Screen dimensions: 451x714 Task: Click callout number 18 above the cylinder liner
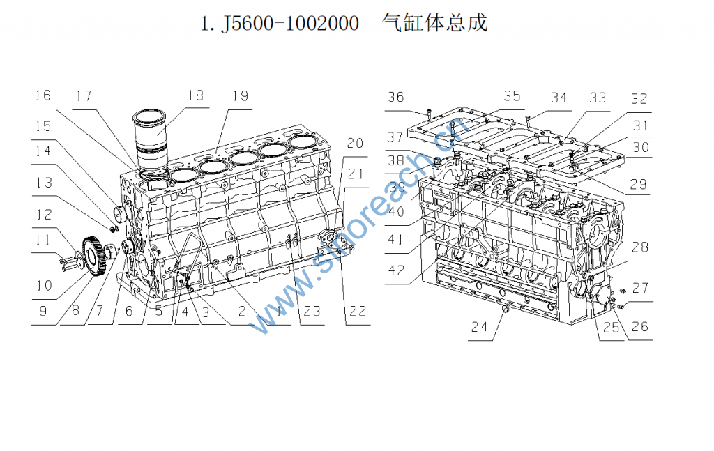click(195, 95)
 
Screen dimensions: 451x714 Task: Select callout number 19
click(241, 95)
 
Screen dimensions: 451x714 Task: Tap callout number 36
click(396, 97)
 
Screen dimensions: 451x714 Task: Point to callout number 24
click(478, 326)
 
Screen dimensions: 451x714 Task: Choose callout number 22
click(357, 311)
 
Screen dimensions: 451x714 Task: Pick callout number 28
click(641, 247)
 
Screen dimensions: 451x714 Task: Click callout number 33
click(598, 98)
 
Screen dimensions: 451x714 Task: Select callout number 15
click(43, 126)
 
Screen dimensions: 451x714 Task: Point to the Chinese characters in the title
click(434, 23)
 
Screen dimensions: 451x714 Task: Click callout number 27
click(641, 287)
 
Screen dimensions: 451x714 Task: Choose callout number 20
click(355, 143)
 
